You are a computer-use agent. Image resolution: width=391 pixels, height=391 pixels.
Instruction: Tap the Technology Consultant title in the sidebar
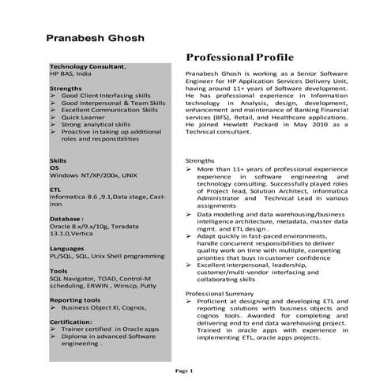click(87, 66)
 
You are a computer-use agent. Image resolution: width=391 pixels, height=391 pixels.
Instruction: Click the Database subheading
click(66, 218)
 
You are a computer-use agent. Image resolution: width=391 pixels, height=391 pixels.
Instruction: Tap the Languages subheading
click(67, 248)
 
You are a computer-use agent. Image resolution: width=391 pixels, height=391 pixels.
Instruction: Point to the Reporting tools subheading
click(74, 300)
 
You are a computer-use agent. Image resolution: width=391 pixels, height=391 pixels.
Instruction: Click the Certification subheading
click(71, 322)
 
